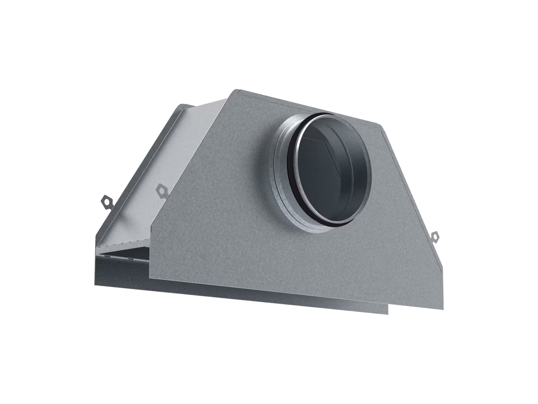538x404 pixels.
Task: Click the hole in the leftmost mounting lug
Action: pos(106,201)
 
